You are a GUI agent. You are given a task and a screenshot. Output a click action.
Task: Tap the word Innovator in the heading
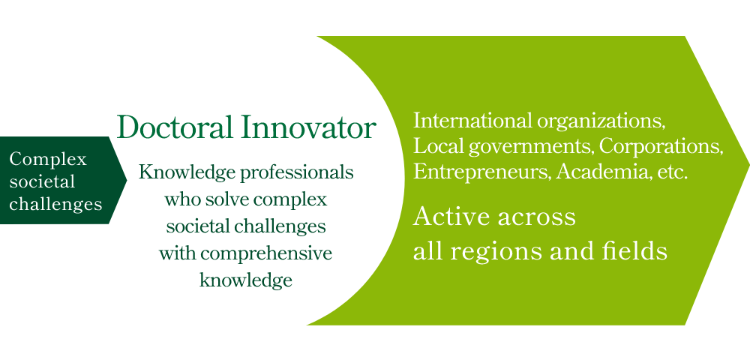308,127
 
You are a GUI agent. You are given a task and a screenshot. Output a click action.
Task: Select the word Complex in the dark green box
48,159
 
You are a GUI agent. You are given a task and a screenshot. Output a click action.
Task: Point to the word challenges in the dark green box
56,204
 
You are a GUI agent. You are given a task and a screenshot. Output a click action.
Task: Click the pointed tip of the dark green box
127,180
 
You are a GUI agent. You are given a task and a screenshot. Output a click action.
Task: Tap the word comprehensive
266,254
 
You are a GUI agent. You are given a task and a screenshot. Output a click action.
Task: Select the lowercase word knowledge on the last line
245,280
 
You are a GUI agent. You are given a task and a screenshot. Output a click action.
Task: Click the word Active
451,217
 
